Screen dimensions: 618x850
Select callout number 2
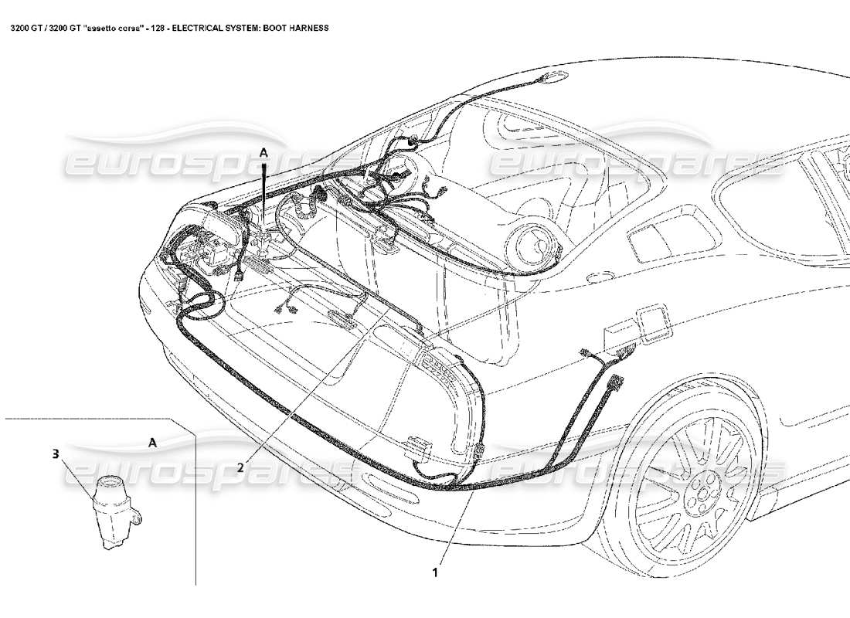pyautogui.click(x=241, y=467)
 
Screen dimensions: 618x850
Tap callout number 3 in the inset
pyautogui.click(x=55, y=455)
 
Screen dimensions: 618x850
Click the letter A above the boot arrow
pyautogui.click(x=263, y=154)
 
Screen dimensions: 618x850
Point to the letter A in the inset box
pyautogui.click(x=152, y=443)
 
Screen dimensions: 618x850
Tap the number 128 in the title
pyautogui.click(x=152, y=28)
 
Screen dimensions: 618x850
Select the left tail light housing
pyautogui.click(x=224, y=232)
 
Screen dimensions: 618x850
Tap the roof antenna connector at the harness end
pyautogui.click(x=552, y=76)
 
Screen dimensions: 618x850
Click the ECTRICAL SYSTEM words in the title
pyautogui.click(x=230, y=28)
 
